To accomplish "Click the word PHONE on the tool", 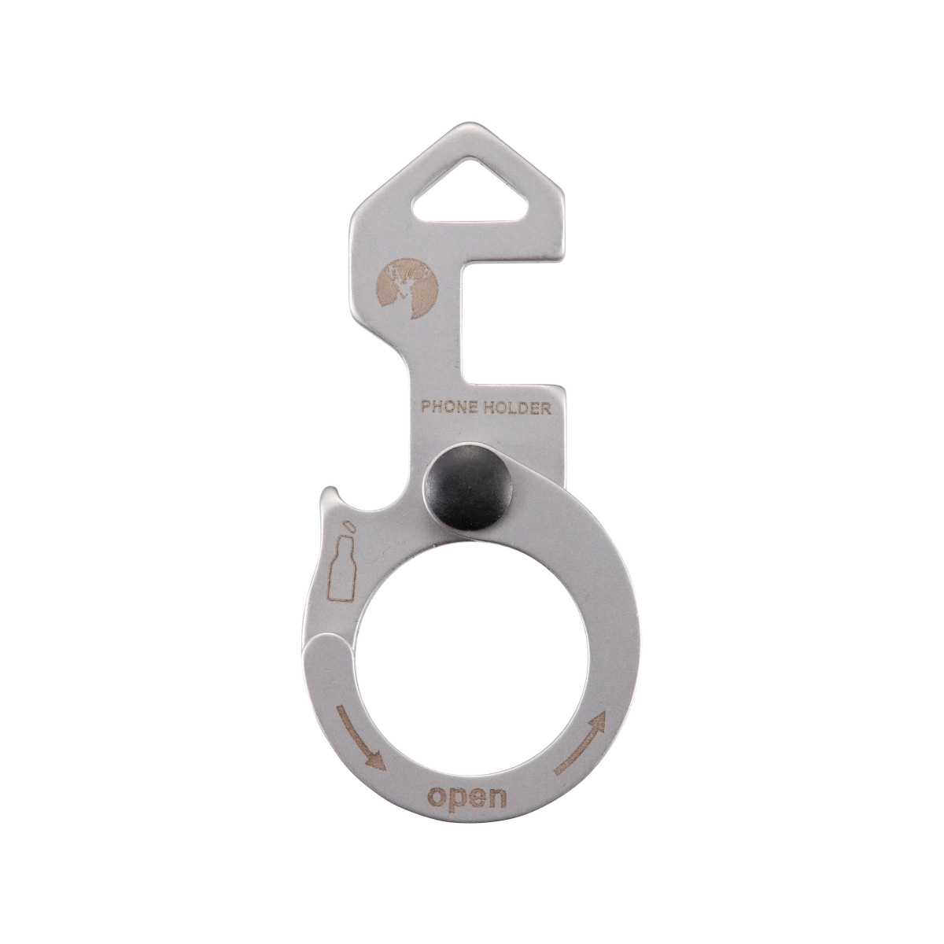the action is click(445, 407).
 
